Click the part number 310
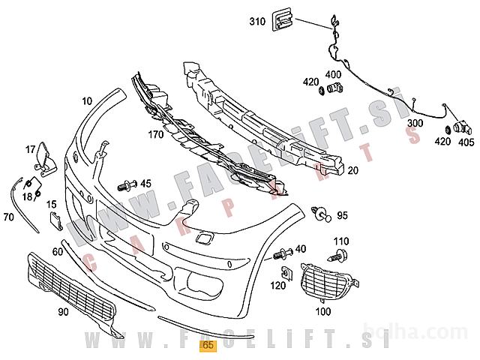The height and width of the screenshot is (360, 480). click(257, 22)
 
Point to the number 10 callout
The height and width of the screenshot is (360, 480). click(87, 100)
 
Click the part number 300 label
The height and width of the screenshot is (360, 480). click(415, 123)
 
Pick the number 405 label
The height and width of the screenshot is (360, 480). click(466, 140)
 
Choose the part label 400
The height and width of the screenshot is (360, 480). click(333, 75)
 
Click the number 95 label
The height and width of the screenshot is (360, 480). click(342, 216)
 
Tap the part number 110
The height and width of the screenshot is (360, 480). click(341, 241)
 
